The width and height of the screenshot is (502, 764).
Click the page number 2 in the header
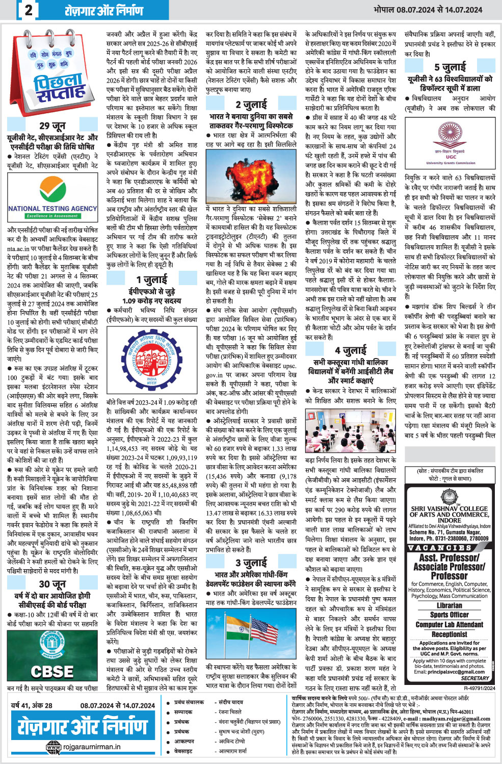29,10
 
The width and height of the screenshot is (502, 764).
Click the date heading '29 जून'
52,125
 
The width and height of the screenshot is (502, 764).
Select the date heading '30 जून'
52,584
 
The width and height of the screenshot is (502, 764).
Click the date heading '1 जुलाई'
152,279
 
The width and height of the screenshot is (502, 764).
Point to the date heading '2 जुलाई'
251,105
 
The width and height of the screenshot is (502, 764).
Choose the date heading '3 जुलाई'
251,563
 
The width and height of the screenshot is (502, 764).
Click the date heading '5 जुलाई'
450,67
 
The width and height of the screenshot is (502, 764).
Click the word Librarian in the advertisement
450,605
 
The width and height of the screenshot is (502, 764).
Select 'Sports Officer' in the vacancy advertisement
450,615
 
